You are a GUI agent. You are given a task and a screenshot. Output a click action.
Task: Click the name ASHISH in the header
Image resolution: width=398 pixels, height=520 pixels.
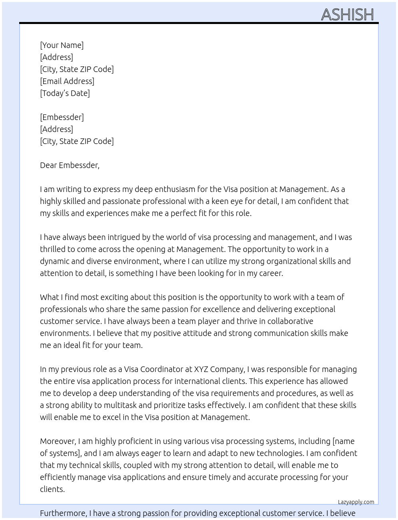[x=347, y=15]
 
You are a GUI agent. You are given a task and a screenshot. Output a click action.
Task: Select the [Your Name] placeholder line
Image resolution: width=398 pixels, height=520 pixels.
[x=62, y=45]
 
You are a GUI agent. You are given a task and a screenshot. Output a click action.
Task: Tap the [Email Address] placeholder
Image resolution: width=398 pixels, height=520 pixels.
[x=67, y=81]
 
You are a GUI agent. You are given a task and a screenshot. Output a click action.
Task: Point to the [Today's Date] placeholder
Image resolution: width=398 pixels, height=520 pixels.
[x=65, y=93]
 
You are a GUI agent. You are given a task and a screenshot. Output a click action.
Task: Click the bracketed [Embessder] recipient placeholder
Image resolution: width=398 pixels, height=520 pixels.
[x=62, y=117]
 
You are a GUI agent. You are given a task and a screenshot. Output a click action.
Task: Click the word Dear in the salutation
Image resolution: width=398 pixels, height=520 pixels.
[x=48, y=165]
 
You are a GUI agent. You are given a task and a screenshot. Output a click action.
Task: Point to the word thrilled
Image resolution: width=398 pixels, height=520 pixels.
[x=53, y=249]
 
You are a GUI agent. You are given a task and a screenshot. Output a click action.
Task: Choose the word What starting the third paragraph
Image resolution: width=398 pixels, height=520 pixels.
[x=49, y=297]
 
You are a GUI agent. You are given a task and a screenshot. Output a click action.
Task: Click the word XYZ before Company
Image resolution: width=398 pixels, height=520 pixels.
[x=201, y=369]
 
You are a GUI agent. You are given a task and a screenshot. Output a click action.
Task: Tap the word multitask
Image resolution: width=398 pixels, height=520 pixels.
[x=120, y=405]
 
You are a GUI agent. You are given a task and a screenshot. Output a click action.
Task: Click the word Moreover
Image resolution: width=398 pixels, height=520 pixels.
[x=58, y=441]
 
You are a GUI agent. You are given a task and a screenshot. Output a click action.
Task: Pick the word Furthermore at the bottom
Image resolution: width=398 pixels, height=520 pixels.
[x=63, y=513]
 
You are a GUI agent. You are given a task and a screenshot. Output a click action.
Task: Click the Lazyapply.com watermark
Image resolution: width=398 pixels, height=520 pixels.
[x=356, y=502]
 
